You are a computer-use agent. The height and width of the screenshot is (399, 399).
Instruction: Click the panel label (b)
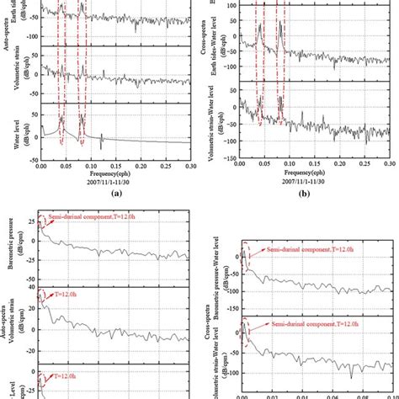[314, 192]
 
